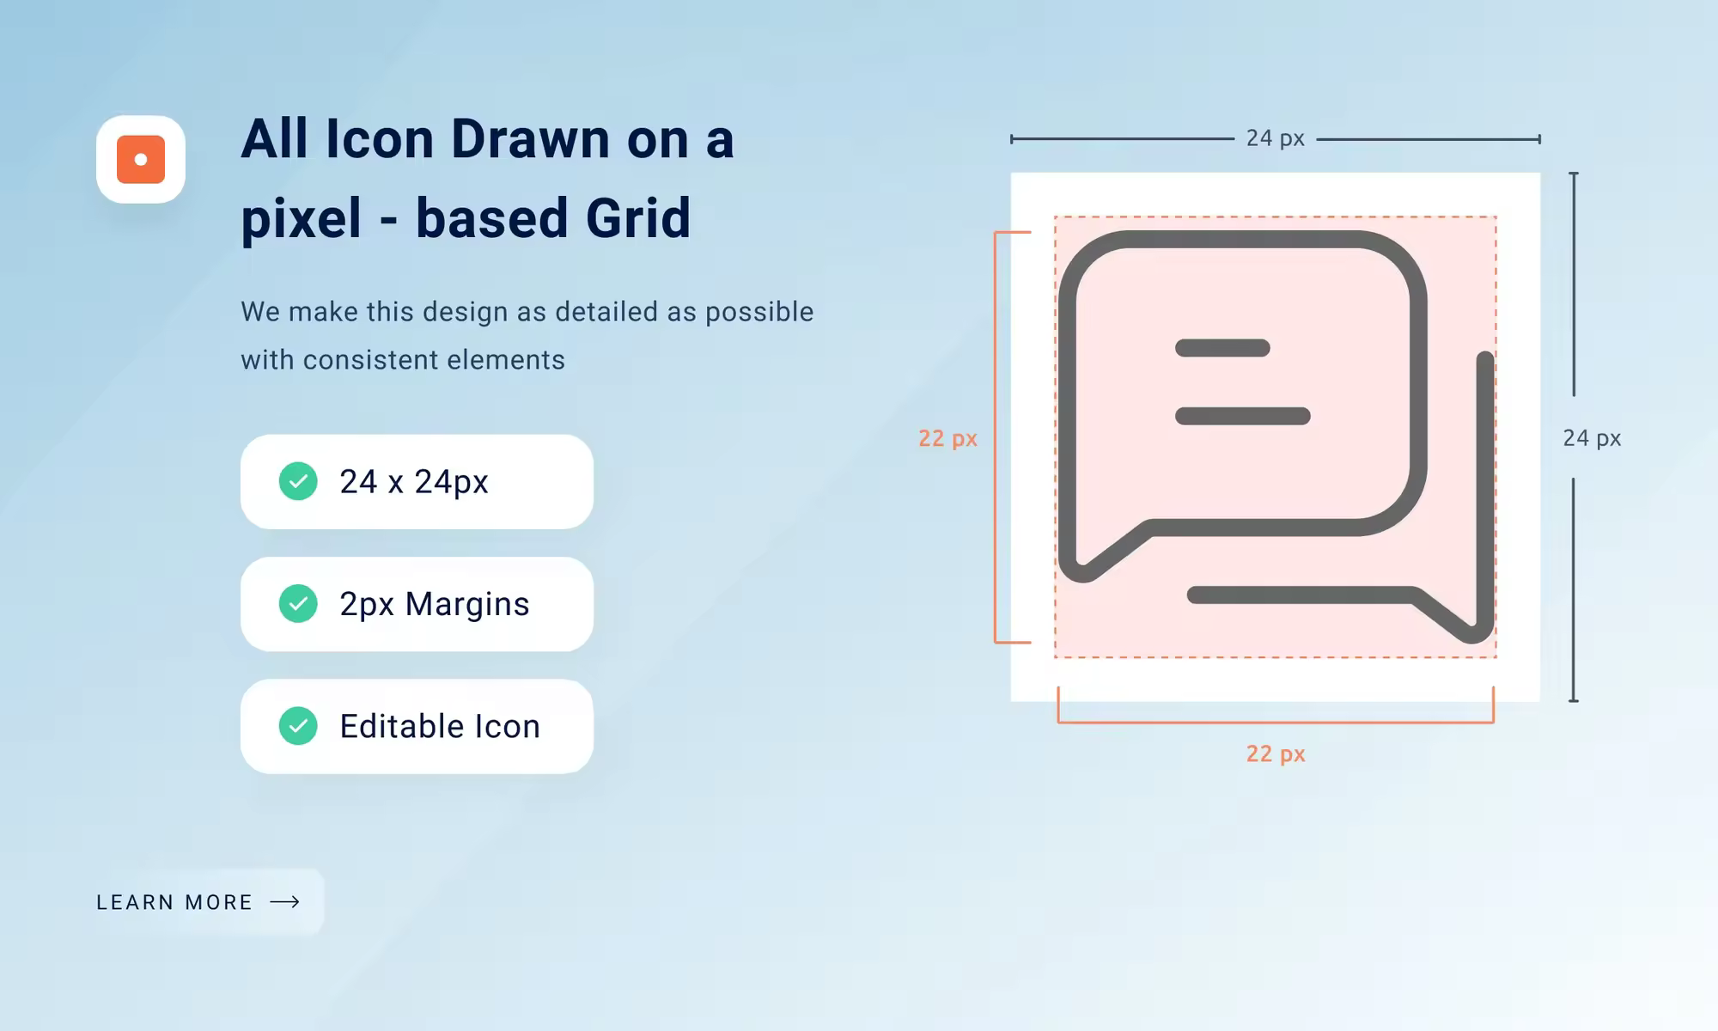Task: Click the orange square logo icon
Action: tap(141, 159)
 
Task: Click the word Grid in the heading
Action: tap(638, 217)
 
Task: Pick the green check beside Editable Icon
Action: tap(298, 726)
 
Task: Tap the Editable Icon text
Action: tap(440, 727)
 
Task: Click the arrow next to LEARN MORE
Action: tap(285, 901)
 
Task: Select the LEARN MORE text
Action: tap(174, 902)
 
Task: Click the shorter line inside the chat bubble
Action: tap(1222, 348)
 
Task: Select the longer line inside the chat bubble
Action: tap(1243, 417)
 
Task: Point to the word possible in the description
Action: tap(759, 312)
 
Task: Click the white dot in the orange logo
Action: tap(141, 159)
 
